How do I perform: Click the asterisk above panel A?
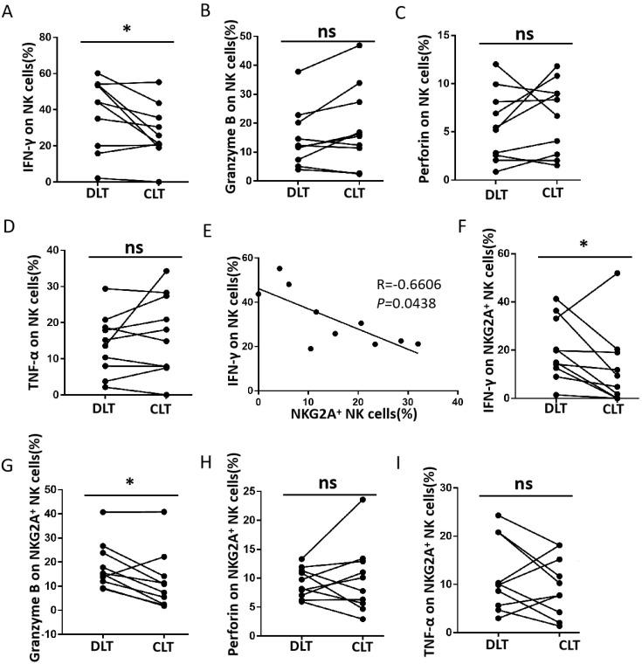[x=128, y=30]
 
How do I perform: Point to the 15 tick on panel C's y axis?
[x=474, y=36]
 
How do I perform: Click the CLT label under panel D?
[x=153, y=409]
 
